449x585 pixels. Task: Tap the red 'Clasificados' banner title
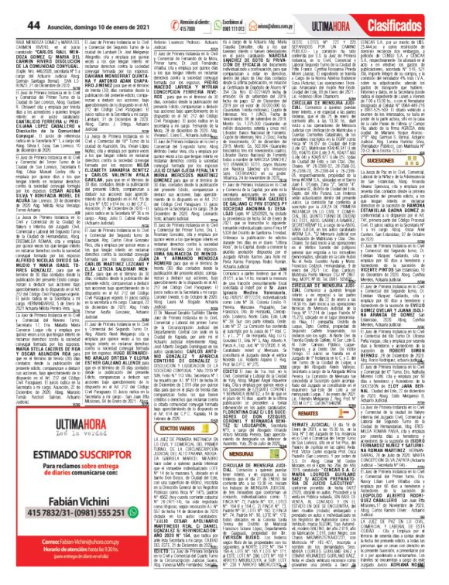click(x=411, y=15)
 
